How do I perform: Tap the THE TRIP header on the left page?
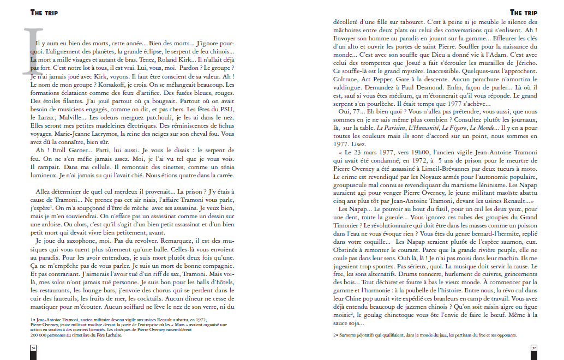point(44,12)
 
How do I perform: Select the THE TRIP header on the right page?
point(524,12)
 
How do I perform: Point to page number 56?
point(33,347)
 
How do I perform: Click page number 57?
point(535,347)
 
